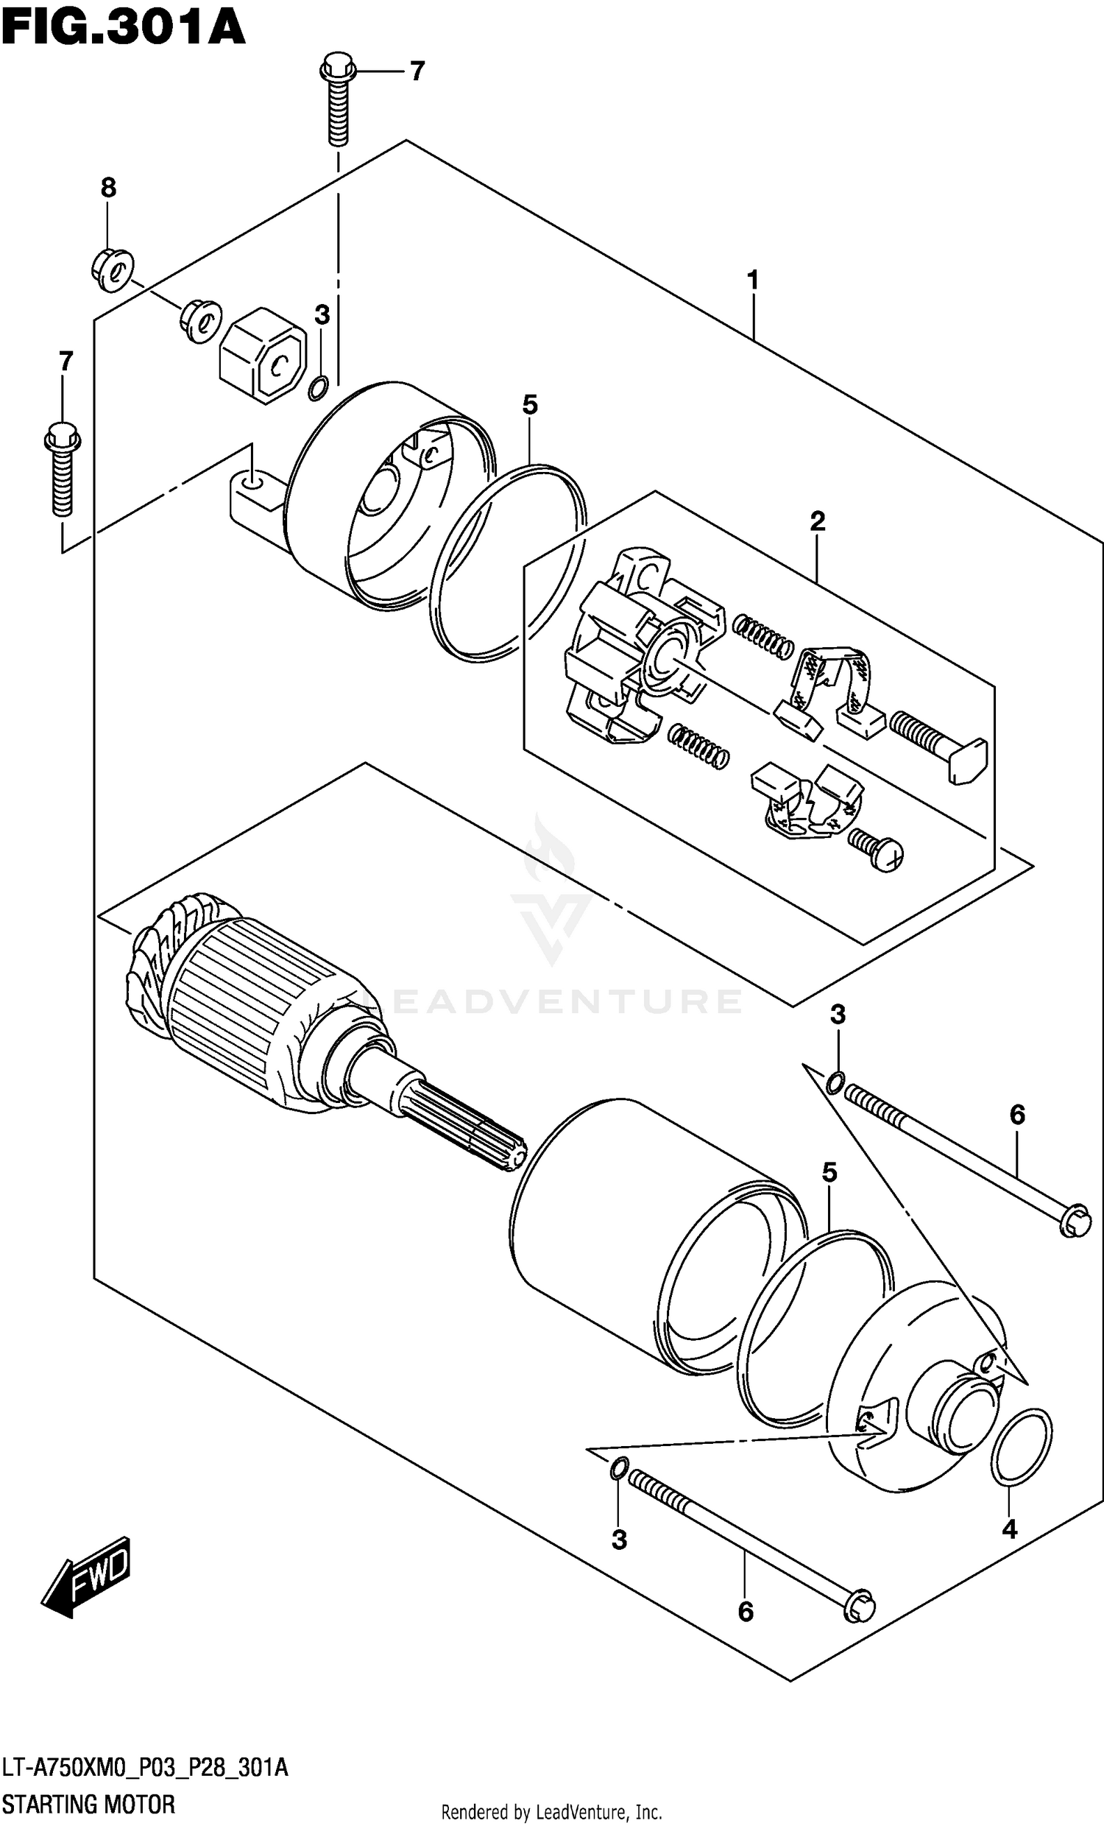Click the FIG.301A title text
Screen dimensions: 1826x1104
(123, 27)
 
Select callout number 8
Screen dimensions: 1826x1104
(108, 188)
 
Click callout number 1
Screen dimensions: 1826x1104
(753, 281)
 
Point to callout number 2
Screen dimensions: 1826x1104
(816, 522)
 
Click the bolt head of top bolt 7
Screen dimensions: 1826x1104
(338, 70)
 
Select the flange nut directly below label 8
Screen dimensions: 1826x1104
(113, 268)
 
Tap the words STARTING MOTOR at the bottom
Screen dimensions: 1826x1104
(89, 1804)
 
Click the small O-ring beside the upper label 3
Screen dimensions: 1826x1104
(319, 387)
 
